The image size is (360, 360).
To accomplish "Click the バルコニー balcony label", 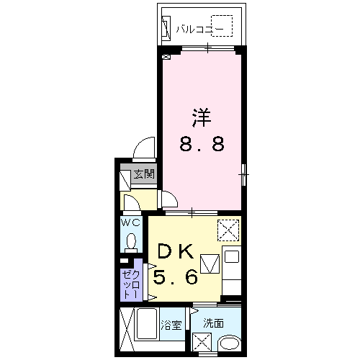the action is (199, 30).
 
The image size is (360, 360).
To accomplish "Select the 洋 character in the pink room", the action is (202, 117).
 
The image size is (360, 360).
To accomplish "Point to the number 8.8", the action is (202, 144).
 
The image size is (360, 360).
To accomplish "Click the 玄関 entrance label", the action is (144, 174).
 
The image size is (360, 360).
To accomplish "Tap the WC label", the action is (130, 223).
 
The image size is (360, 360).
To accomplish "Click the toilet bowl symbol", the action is (131, 241).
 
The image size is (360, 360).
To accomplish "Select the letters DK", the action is (176, 251).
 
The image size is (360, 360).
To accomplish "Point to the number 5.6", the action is (176, 276).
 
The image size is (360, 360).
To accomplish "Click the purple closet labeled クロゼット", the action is (131, 279).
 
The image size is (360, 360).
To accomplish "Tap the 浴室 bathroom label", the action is (171, 325).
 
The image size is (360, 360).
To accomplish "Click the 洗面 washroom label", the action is (213, 323).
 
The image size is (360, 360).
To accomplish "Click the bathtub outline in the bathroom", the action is (147, 323).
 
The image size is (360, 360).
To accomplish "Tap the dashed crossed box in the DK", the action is (228, 230).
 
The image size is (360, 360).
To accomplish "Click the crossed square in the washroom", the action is (202, 342).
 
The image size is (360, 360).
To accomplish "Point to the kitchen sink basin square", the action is (232, 256).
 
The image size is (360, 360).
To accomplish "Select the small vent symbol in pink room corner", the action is (166, 57).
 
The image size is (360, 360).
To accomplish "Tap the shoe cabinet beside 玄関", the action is (125, 180).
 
